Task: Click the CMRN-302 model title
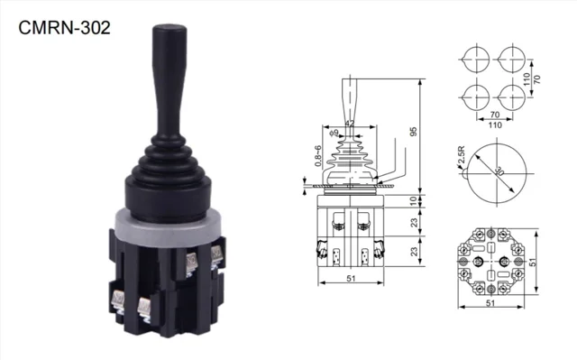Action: point(64,28)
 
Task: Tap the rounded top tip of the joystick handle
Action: point(169,26)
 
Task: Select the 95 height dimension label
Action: point(414,132)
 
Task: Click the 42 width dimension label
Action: point(350,124)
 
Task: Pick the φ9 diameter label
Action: point(334,133)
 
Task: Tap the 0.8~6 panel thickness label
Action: point(318,156)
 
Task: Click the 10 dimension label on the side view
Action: point(414,201)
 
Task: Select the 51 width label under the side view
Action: point(351,278)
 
